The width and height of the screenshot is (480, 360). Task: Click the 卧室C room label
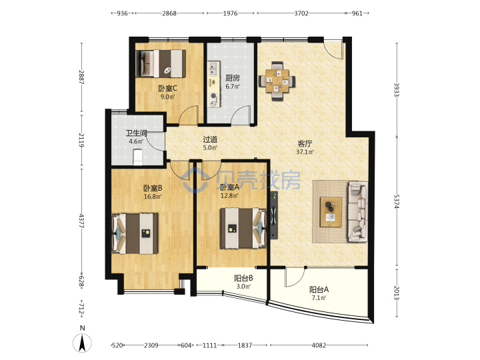(168, 89)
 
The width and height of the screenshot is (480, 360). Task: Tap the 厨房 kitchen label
(233, 78)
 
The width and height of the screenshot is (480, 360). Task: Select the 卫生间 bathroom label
(136, 133)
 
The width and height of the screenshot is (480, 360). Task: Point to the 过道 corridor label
(210, 139)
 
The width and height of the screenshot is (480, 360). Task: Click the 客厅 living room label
(305, 143)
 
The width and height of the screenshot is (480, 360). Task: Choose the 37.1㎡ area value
(305, 152)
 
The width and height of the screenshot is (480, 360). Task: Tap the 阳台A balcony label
(319, 289)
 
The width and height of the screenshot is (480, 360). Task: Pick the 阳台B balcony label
(243, 278)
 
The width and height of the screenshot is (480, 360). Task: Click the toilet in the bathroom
(138, 157)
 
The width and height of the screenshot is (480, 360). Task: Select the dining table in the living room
(277, 81)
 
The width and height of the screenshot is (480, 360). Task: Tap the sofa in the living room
(358, 211)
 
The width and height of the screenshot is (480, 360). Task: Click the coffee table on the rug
(331, 212)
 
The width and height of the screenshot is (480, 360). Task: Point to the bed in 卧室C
(161, 63)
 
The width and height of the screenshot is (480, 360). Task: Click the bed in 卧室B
(135, 233)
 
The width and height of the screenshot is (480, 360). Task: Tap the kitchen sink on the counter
(214, 69)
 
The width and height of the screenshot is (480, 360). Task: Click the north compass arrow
(82, 343)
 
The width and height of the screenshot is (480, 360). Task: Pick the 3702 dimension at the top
(301, 13)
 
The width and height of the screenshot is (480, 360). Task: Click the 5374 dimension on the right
(397, 201)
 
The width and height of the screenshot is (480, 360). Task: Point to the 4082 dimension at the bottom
(319, 345)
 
